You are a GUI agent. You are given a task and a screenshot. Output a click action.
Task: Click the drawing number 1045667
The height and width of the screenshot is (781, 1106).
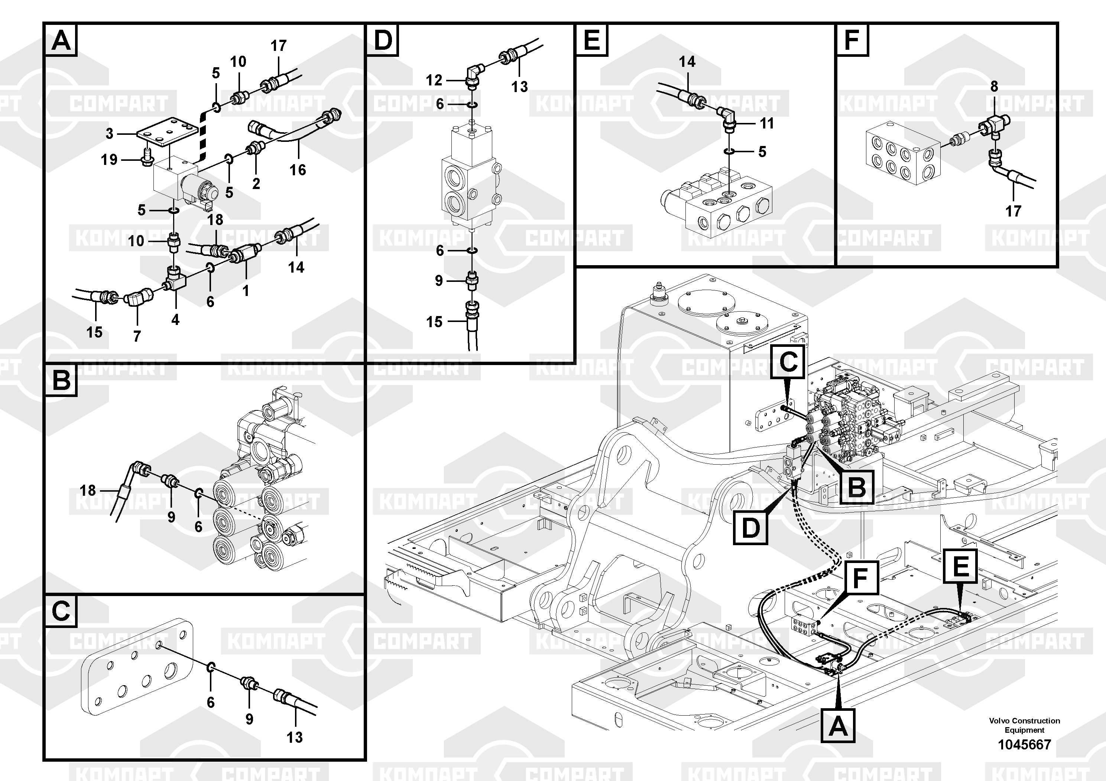[1024, 745]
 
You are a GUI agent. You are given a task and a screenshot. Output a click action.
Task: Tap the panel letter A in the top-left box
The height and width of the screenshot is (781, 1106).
[61, 40]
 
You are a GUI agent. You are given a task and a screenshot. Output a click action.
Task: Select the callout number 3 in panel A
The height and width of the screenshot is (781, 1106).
[109, 133]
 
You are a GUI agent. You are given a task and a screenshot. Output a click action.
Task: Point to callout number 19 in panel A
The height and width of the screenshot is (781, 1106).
[109, 159]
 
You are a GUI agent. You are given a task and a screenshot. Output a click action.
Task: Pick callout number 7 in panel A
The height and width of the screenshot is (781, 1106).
[137, 336]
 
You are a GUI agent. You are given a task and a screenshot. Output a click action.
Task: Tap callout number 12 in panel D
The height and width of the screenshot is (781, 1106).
[434, 80]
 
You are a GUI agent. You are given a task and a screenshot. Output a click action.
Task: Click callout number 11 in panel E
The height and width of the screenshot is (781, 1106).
[766, 123]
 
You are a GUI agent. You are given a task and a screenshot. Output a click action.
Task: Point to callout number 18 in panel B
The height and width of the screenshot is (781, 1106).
[88, 491]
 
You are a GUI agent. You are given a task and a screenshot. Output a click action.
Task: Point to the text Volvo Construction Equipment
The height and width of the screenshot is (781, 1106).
[1024, 725]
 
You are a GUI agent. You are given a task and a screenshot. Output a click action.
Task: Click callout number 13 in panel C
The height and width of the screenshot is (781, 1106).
[294, 737]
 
